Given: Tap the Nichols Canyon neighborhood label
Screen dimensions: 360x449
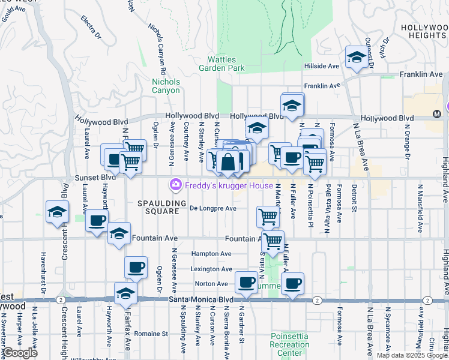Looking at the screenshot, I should tap(166, 86).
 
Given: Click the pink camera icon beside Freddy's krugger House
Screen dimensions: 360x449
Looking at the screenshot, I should tap(176, 185).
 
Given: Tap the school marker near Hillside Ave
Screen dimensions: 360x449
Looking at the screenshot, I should tap(357, 58).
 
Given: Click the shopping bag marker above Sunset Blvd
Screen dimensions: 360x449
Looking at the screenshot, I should tap(228, 161).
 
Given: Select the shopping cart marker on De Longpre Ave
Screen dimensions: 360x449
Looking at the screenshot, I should tap(268, 216).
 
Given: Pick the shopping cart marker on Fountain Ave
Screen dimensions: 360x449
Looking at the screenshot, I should tap(273, 241).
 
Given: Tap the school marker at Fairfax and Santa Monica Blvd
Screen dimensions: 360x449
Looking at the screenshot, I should tap(125, 293).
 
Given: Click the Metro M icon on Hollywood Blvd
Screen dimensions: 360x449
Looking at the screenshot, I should tap(436, 114).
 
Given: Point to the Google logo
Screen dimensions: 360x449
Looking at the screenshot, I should tap(20, 353).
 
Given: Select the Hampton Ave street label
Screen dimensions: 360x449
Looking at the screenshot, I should tap(213, 254).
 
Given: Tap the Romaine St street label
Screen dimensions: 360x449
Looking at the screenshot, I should tap(151, 334).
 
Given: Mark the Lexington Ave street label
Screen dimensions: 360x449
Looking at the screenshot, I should tap(211, 269).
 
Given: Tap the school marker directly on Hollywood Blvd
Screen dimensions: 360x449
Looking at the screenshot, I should tap(292, 105).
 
